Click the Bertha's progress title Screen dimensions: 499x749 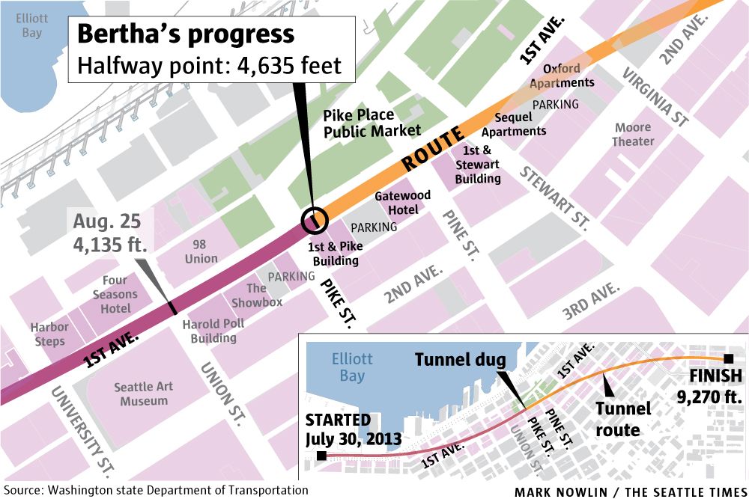187,34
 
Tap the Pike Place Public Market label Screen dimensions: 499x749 369,123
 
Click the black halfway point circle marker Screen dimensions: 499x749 315,220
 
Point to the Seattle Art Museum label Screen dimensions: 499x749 144,394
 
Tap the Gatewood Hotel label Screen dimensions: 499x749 402,203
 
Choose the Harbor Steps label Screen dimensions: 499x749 49,334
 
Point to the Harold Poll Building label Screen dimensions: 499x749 213,331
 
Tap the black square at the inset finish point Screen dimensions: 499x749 728,358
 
